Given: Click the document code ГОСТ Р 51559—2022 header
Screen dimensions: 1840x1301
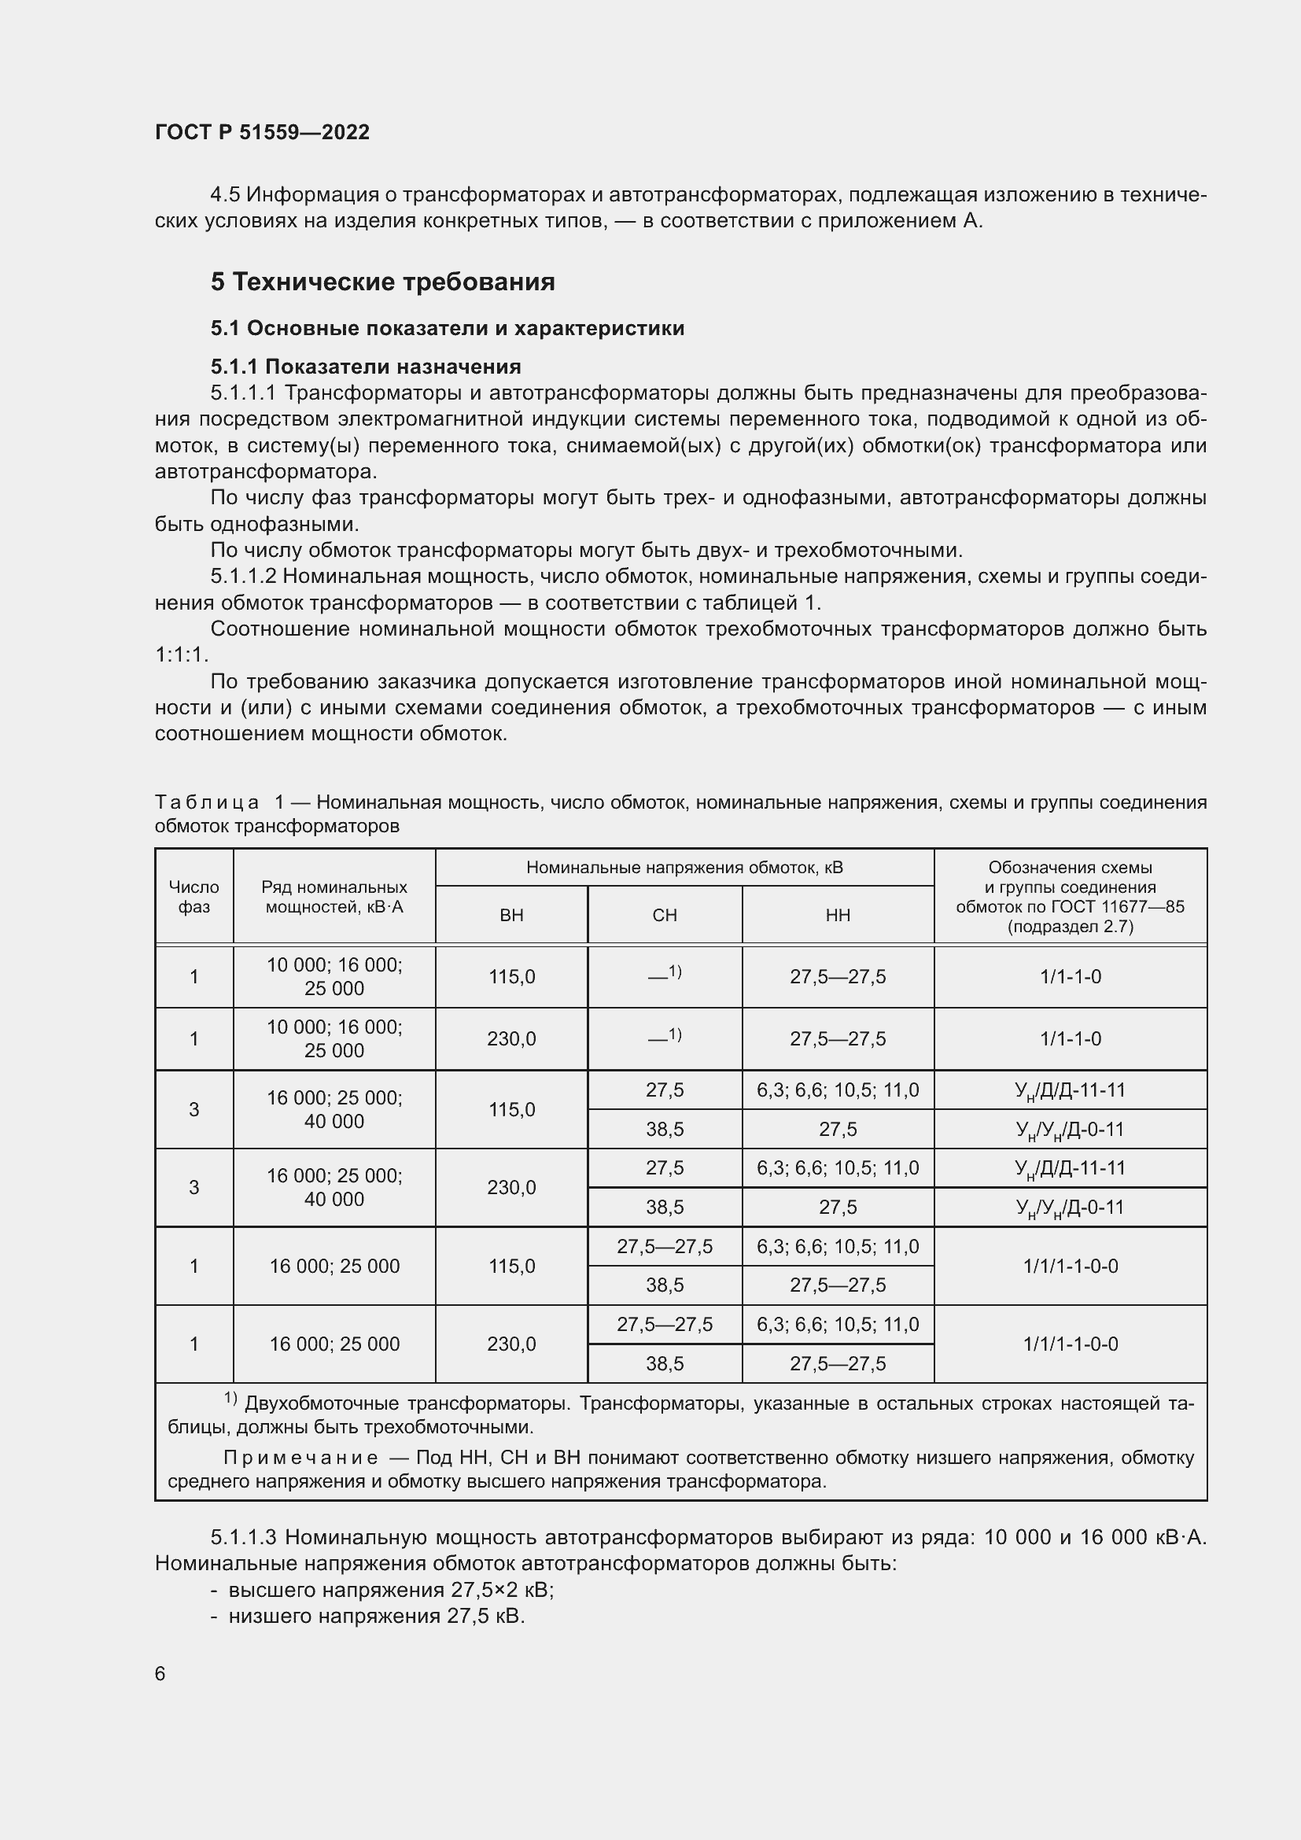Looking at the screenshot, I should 262,133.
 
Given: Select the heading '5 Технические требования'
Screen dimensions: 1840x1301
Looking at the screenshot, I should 383,282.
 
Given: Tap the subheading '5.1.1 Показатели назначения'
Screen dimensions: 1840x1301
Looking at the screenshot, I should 365,367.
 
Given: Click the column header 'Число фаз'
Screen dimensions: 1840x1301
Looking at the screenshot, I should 193,897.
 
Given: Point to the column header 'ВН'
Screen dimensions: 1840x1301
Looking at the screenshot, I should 511,915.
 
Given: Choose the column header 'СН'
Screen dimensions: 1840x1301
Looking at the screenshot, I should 665,915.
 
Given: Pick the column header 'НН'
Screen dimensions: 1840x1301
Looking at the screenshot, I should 838,915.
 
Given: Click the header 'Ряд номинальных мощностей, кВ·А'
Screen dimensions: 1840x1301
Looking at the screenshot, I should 334,897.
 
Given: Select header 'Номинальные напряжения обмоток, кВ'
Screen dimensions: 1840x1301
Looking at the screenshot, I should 684,868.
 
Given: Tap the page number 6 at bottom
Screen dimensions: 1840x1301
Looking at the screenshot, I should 160,1674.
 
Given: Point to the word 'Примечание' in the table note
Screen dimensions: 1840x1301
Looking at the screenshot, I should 300,1458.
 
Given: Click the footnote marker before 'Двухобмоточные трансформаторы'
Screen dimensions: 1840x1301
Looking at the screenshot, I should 230,1399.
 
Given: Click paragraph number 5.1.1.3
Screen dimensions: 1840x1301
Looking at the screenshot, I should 244,1537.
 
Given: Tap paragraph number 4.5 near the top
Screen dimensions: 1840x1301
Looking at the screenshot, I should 225,195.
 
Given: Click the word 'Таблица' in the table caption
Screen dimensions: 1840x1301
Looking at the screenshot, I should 207,802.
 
